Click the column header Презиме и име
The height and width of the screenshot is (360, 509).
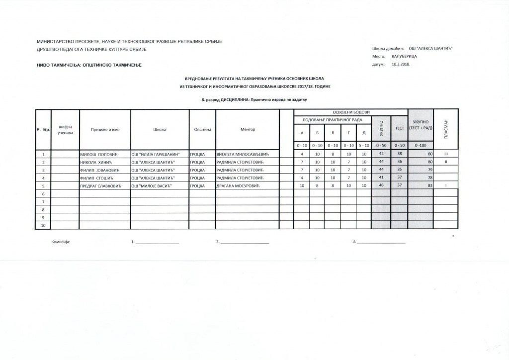105,130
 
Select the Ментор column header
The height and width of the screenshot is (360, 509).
247,130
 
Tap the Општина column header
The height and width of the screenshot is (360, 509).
202,130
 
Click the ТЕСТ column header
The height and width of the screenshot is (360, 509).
399,128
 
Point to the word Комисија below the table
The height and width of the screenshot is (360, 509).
61,242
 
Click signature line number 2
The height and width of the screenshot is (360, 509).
244,242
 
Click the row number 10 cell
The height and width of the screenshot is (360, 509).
43,225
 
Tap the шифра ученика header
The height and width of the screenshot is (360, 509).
65,130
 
